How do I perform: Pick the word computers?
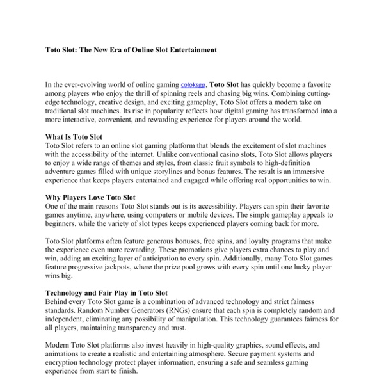196,216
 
